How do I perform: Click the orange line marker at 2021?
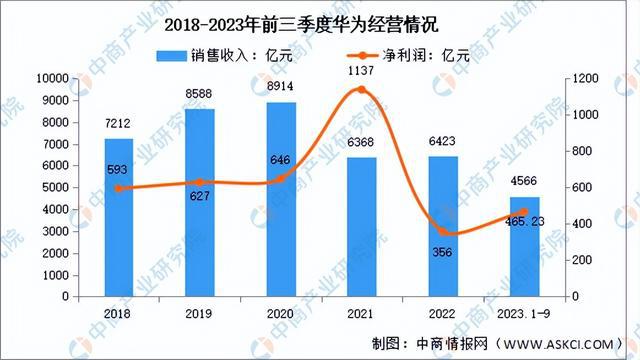point(361,90)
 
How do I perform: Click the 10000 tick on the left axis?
point(51,78)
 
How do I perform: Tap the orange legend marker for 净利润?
point(367,56)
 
